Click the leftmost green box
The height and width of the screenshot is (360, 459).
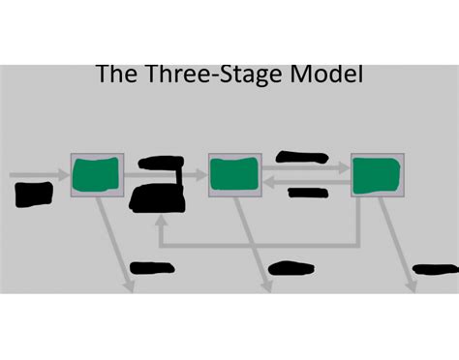point(97,176)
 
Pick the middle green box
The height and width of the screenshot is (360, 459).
point(234,176)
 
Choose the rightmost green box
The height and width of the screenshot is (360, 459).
point(377,176)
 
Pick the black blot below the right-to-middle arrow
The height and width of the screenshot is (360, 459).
point(308,193)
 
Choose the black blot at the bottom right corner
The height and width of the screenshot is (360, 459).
point(435,269)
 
